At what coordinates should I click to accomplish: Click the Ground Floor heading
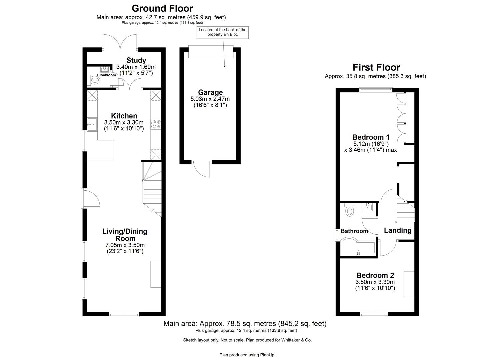[162, 8]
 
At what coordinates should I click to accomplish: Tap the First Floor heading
[376, 67]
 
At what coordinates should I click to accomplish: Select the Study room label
[136, 60]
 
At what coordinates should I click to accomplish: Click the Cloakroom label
[106, 75]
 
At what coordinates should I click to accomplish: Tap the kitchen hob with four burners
[156, 124]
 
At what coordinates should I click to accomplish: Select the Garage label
[210, 92]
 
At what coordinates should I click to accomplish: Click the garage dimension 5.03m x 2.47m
[210, 99]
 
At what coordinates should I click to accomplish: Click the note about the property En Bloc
[222, 32]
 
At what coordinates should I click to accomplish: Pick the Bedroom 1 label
[371, 137]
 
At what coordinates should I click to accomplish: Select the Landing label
[397, 230]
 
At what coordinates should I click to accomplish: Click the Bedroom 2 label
[375, 275]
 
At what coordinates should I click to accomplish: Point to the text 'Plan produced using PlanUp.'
[247, 355]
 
